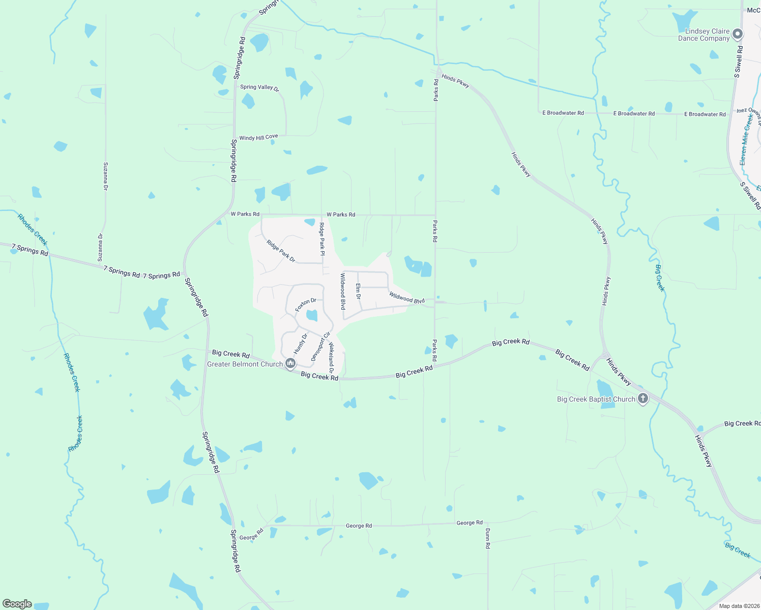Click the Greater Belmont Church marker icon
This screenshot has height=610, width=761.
click(x=290, y=363)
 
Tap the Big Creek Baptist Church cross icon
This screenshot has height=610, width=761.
click(x=643, y=399)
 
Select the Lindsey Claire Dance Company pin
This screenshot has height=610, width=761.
click(x=738, y=35)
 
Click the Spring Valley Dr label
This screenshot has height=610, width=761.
click(x=259, y=87)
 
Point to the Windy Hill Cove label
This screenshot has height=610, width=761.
click(x=258, y=137)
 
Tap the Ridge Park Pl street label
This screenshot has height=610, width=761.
click(x=322, y=238)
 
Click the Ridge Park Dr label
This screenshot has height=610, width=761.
click(x=281, y=251)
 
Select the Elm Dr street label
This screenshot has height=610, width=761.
click(x=358, y=291)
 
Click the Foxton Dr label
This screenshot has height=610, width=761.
click(x=306, y=305)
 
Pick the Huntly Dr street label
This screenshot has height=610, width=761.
click(x=301, y=344)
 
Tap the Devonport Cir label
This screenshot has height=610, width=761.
click(x=320, y=346)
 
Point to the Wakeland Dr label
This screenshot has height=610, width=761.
click(x=331, y=358)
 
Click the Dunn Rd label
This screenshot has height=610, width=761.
click(x=487, y=538)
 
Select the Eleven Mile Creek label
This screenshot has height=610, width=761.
click(x=746, y=139)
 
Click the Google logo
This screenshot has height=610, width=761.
click(x=17, y=604)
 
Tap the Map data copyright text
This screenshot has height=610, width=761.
click(x=739, y=605)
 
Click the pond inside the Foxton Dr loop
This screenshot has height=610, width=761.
click(x=312, y=316)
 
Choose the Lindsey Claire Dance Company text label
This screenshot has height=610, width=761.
click(x=704, y=35)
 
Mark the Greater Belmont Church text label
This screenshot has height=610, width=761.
click(x=245, y=364)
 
